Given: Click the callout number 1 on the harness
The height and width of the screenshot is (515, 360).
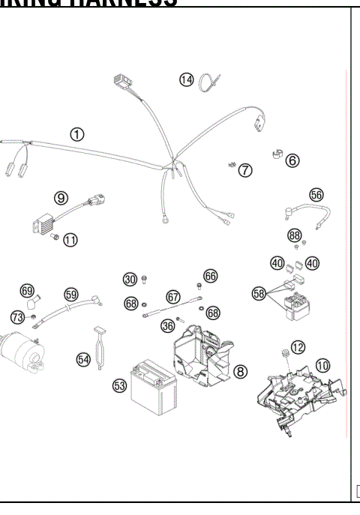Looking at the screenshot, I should (76, 134).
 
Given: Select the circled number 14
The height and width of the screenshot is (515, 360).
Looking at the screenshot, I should (186, 79).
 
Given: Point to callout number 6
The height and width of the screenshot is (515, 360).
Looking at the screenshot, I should (292, 160).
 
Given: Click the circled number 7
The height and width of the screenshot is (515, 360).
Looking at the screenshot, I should (245, 171).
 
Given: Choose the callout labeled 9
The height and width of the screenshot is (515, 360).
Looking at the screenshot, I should (61, 198).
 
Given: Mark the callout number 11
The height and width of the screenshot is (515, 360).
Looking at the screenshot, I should (70, 240).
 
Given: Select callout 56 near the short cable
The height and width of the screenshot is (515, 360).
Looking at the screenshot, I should (316, 194).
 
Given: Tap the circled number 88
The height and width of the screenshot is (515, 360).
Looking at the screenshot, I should (295, 235).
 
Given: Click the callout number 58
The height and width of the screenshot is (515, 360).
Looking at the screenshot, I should (259, 294).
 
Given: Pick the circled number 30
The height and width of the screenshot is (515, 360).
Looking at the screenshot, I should (130, 280).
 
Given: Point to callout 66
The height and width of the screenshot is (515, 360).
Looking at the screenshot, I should (210, 277).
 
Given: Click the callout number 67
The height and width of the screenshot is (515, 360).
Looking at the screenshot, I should (173, 297).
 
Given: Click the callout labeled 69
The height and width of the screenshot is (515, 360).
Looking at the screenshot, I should (27, 290).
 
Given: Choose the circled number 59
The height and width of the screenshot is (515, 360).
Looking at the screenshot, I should (70, 294).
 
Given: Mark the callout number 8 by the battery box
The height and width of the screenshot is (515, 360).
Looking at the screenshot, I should (240, 371).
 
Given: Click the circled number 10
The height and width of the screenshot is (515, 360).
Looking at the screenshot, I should (322, 365).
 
